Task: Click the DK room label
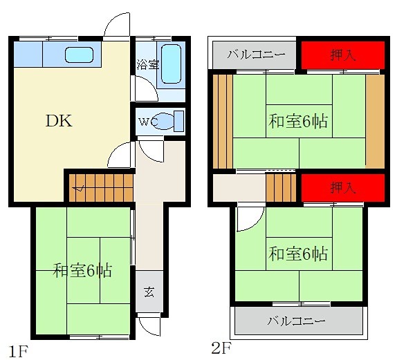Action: [x=59, y=120]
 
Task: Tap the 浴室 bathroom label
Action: [x=147, y=65]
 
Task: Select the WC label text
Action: [x=147, y=122]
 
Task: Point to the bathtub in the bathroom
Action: [x=170, y=64]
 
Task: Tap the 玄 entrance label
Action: [x=149, y=291]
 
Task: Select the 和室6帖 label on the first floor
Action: [x=83, y=270]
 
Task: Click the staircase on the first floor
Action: [x=100, y=184]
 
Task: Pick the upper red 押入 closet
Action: [x=342, y=55]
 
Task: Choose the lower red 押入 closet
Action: [x=342, y=187]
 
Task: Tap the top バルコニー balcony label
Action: [x=253, y=55]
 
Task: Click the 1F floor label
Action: [x=18, y=349]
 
